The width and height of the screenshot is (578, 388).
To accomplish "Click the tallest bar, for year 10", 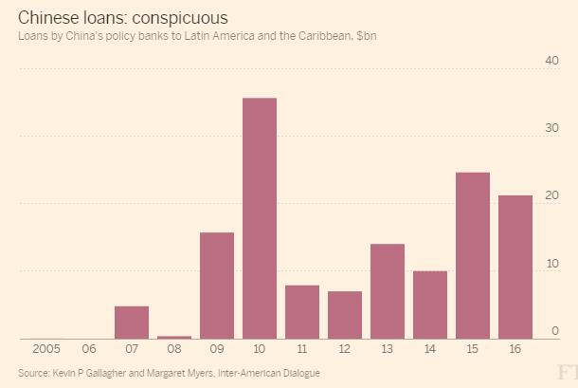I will [x=260, y=218].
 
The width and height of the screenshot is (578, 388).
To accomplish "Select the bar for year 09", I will [x=217, y=286].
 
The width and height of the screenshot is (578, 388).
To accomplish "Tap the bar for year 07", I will [x=132, y=323].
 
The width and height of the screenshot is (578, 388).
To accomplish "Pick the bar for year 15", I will [x=473, y=255].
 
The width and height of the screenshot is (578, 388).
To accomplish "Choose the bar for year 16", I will [x=515, y=267].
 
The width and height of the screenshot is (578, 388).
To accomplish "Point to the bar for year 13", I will [x=388, y=291].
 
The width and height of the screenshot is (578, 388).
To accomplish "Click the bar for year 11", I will [x=302, y=312].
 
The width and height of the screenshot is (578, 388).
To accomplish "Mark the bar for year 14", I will [x=430, y=305].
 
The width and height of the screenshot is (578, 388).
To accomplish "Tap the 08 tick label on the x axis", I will [x=174, y=349].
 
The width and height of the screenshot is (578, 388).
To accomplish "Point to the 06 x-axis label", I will [x=88, y=349].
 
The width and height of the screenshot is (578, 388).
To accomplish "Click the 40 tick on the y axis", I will [x=551, y=61].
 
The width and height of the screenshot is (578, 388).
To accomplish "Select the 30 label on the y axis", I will [x=551, y=129].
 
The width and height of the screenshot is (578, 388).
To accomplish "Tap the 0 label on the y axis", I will [x=555, y=331].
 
